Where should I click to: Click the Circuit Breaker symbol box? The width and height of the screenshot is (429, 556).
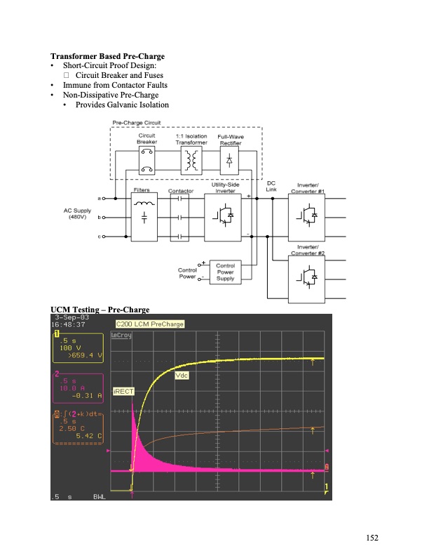click(x=147, y=160)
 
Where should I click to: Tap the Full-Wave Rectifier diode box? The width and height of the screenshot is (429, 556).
click(x=229, y=160)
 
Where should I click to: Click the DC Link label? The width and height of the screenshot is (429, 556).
click(x=271, y=186)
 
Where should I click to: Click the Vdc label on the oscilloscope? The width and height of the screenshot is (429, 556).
click(x=182, y=376)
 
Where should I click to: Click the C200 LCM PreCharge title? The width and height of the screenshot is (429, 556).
click(x=150, y=324)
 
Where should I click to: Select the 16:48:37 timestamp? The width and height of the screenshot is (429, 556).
click(x=68, y=325)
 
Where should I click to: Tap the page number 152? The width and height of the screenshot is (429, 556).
click(x=372, y=538)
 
